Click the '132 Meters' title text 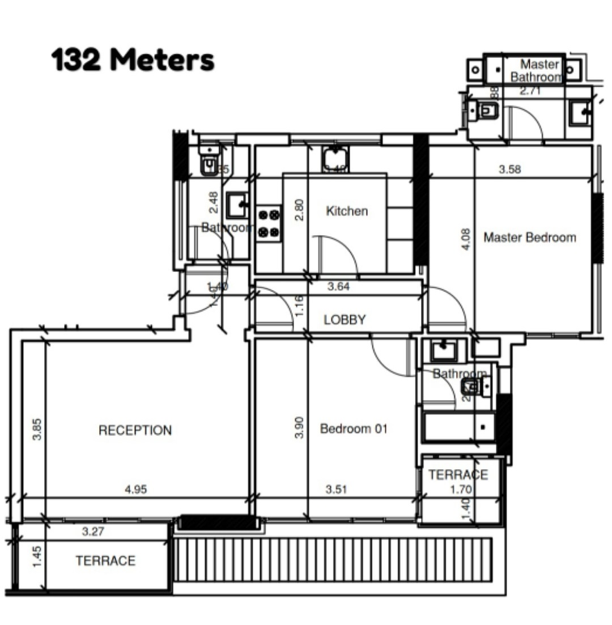[133, 60]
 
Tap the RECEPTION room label [135, 431]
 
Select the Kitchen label [347, 211]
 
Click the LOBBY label [345, 320]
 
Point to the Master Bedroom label [529, 237]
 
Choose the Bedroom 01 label [354, 429]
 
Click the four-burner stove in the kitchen [269, 223]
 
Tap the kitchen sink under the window [335, 158]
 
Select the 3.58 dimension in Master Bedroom [510, 169]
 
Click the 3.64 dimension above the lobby [338, 287]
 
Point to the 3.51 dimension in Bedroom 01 [336, 490]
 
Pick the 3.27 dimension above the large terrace [93, 532]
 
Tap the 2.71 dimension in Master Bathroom [530, 91]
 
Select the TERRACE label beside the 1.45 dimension [105, 561]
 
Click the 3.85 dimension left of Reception [37, 429]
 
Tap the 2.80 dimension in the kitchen [300, 210]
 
